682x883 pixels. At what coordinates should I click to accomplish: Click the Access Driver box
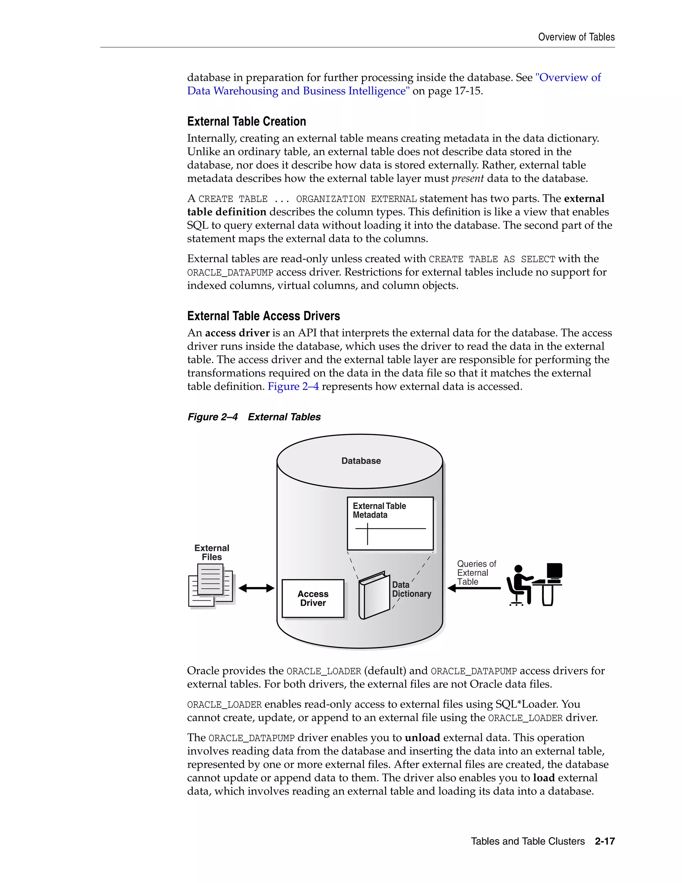[x=313, y=598]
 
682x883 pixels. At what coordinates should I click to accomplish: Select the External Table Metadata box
[x=390, y=523]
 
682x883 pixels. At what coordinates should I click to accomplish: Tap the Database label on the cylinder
[x=361, y=461]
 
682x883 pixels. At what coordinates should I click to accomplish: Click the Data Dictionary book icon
[x=374, y=595]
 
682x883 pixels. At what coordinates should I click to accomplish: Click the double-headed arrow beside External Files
[x=256, y=588]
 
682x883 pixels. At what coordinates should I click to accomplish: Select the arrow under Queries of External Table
[x=474, y=588]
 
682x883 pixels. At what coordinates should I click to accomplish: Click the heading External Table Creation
[x=246, y=121]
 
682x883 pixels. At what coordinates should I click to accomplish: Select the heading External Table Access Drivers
[x=263, y=316]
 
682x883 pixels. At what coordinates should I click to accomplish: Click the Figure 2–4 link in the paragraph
[x=293, y=387]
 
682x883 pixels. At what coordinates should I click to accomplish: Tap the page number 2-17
[x=604, y=841]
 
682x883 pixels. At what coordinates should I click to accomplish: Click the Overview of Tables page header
[x=576, y=37]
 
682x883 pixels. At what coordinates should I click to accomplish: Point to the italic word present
[x=468, y=179]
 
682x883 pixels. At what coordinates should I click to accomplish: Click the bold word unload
[x=422, y=737]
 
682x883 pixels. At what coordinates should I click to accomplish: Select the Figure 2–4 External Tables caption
[x=254, y=417]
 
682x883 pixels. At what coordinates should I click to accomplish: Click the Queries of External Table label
[x=476, y=572]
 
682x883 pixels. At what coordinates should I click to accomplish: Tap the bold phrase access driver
[x=237, y=333]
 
